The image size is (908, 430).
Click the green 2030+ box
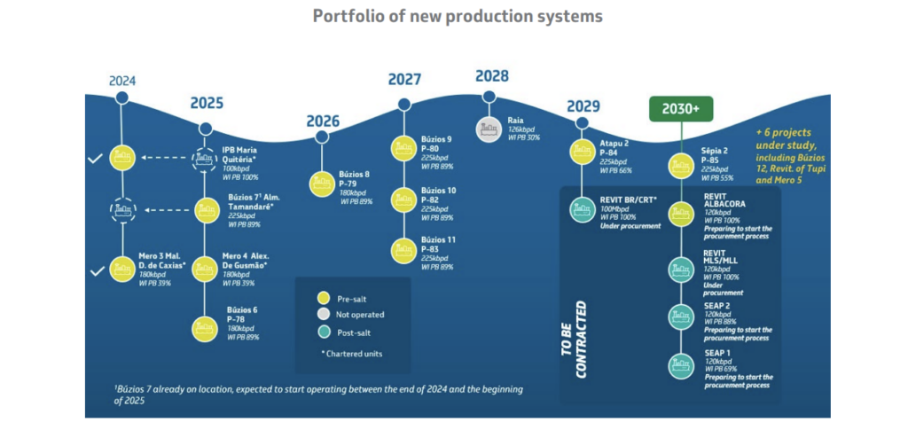[681, 109]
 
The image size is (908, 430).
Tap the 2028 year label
[491, 76]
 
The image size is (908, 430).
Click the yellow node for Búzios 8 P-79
[321, 184]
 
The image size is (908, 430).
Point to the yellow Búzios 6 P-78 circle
[206, 329]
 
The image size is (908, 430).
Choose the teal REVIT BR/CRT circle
[583, 207]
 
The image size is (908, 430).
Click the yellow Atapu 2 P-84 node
[583, 151]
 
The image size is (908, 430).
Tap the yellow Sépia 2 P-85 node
[681, 165]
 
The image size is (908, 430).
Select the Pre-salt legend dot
[323, 298]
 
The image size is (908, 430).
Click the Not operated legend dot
[323, 314]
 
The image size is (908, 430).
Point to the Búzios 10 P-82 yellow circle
[403, 199]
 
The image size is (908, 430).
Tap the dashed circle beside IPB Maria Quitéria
[206, 159]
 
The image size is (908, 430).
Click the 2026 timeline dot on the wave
[322, 137]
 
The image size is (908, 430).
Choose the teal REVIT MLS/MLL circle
[681, 267]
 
